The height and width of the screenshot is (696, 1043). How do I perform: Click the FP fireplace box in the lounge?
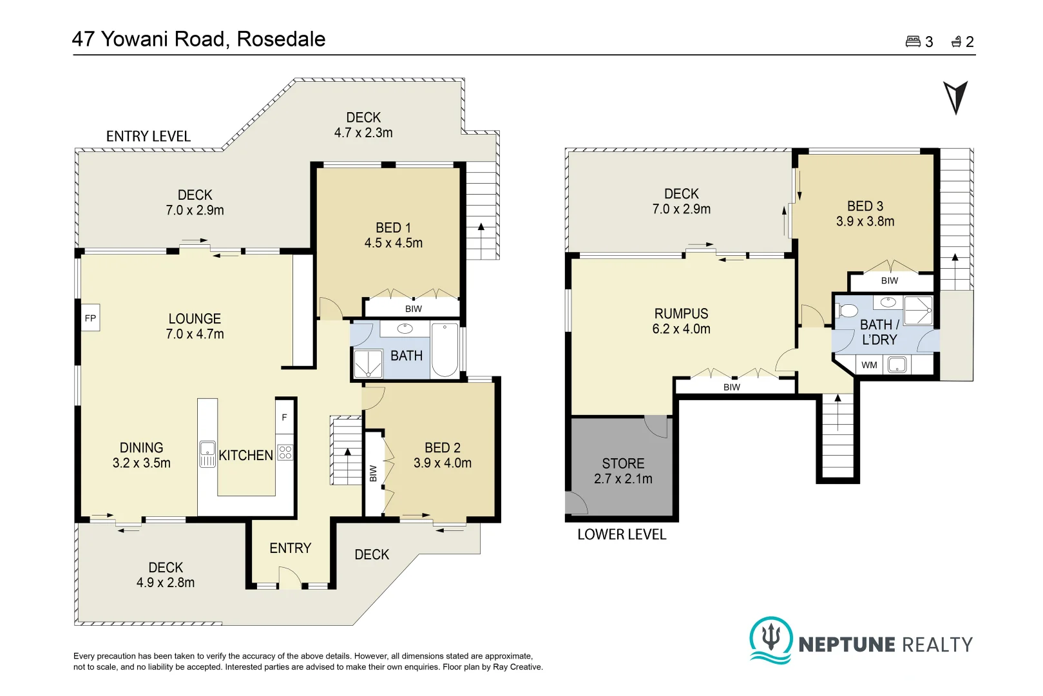(90, 318)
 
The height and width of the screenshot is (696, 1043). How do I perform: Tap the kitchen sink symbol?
(207, 454)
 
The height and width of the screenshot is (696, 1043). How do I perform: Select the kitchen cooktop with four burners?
(285, 452)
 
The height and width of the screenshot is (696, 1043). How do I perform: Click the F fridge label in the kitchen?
(284, 418)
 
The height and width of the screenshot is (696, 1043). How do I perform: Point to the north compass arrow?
(955, 97)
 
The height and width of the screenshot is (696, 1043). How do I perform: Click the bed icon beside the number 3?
(913, 42)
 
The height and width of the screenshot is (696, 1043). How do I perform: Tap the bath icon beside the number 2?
(957, 42)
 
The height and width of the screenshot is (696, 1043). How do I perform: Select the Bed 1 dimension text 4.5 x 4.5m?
(393, 243)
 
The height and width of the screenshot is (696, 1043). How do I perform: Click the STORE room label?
(623, 463)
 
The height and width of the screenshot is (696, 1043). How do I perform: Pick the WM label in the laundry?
(869, 365)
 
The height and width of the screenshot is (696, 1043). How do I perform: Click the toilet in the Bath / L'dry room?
(848, 311)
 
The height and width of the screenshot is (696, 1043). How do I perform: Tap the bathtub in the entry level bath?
(445, 349)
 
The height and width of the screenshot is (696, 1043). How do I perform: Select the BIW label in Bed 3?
(889, 280)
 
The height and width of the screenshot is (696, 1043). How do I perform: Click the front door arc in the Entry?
(290, 577)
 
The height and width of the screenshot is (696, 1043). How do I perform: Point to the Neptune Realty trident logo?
(770, 639)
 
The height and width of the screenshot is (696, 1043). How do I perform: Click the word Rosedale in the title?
(281, 39)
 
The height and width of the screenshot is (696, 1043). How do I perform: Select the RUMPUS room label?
(681, 314)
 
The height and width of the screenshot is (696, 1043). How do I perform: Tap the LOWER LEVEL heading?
(621, 534)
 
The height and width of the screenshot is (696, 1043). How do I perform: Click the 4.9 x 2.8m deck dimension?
(166, 583)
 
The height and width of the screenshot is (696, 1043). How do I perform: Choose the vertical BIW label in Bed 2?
(373, 474)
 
